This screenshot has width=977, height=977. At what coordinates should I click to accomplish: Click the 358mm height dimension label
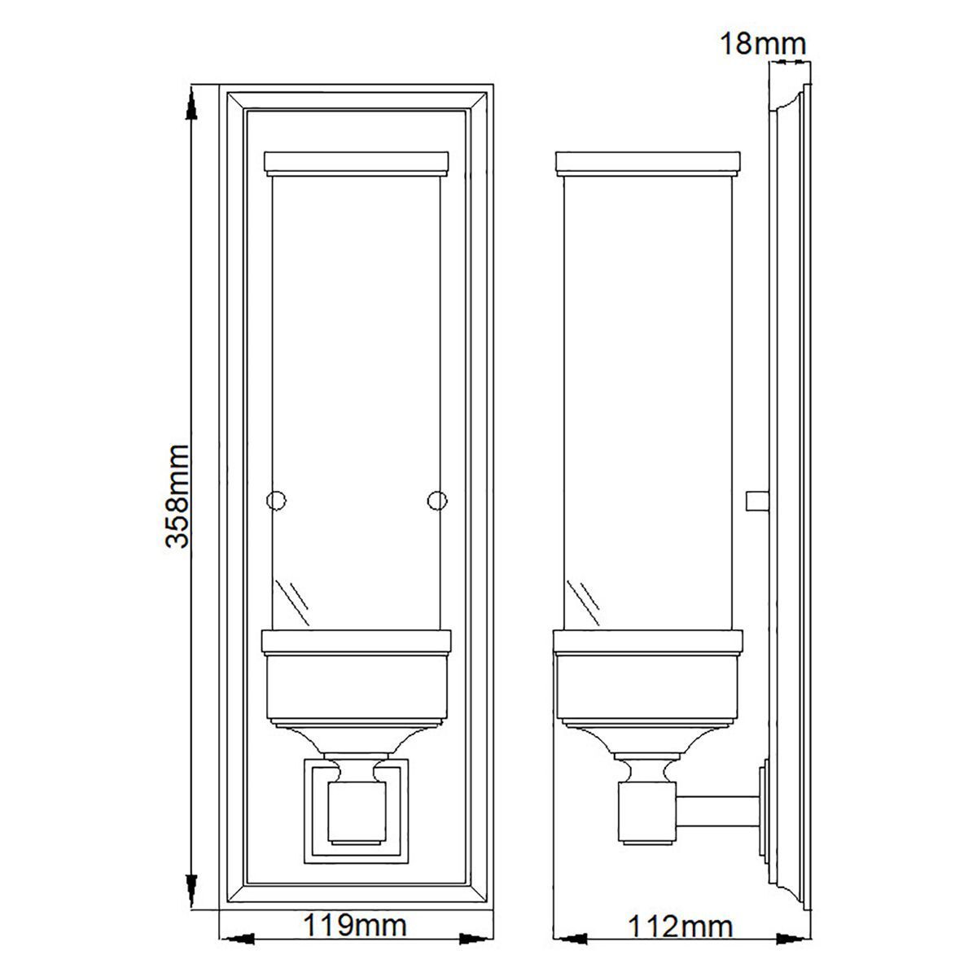177,497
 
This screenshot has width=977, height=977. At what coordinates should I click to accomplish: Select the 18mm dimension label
763,44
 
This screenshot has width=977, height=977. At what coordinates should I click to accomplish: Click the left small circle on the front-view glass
276,501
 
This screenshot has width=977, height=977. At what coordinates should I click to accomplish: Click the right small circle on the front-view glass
436,501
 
